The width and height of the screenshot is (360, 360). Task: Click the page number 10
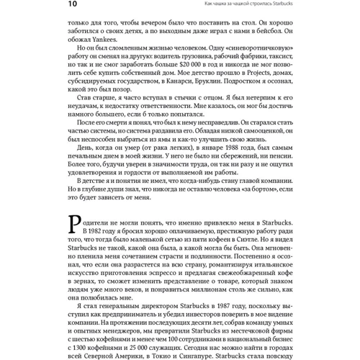click(x=74, y=5)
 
